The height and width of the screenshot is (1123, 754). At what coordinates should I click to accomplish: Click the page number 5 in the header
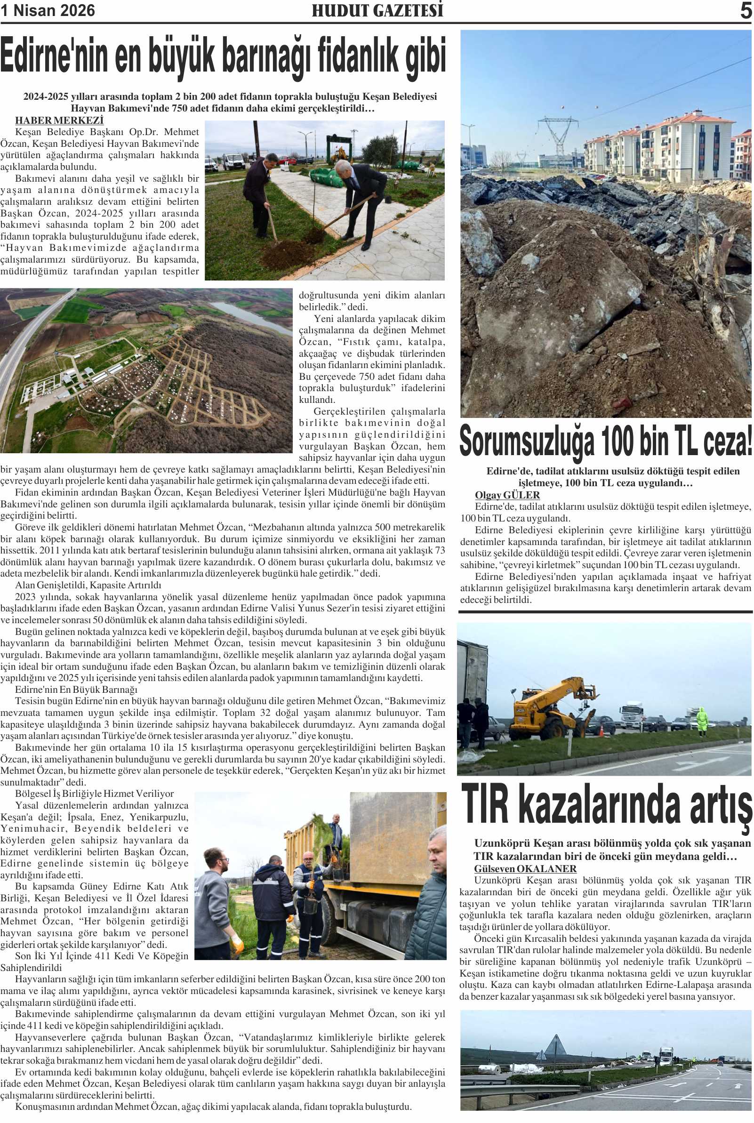(x=746, y=10)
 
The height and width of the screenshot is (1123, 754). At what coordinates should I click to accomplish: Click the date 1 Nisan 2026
(x=48, y=10)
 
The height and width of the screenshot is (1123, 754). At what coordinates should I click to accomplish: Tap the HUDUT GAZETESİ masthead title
(x=377, y=10)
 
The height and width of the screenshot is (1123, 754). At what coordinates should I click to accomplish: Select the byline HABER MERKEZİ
(x=59, y=120)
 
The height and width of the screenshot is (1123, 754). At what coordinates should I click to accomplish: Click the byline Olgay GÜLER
(x=507, y=495)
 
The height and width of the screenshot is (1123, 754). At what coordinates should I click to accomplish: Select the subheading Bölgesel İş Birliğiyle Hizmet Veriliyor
(x=94, y=794)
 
